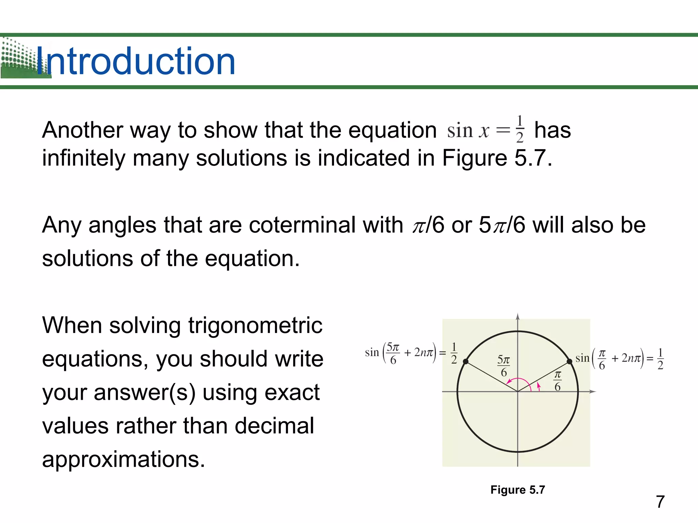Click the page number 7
pos(660,502)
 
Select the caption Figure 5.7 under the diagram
pos(517,490)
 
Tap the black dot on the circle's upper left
pos(466,361)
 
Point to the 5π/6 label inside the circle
pos(503,366)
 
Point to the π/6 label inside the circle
pos(557,381)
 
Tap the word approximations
pos(123,459)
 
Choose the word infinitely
pos(84,158)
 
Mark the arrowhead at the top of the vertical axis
pos(517,317)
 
